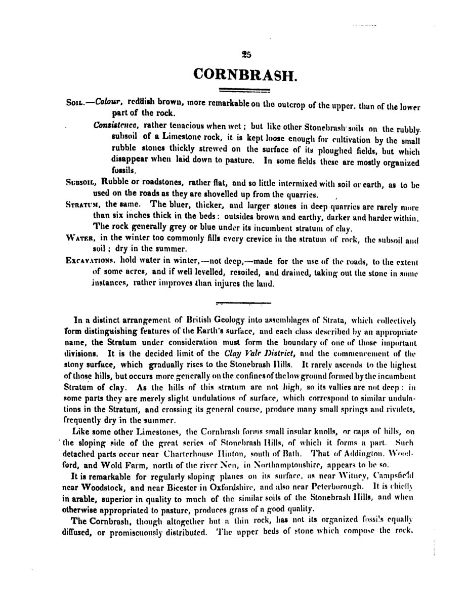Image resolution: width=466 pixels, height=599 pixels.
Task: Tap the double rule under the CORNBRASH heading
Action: coord(245,91)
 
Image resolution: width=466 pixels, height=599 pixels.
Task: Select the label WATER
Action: coord(81,238)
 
